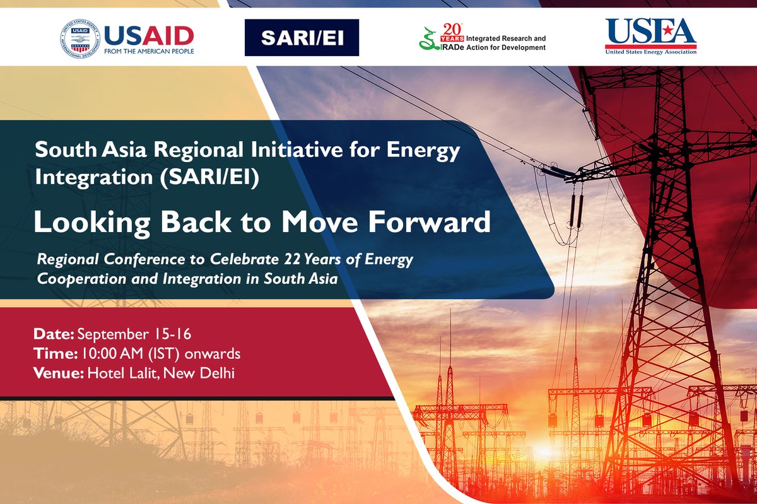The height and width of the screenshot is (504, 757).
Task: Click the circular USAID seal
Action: tap(80, 38)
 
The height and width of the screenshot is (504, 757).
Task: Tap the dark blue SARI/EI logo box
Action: tap(302, 37)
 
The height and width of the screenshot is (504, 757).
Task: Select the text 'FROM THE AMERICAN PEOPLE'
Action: tap(149, 51)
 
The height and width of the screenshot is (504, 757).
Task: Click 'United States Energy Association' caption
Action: tap(651, 52)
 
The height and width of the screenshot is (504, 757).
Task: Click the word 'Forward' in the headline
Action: tap(429, 222)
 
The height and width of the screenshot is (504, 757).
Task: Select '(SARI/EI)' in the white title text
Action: tap(209, 177)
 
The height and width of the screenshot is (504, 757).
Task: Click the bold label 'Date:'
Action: tap(54, 334)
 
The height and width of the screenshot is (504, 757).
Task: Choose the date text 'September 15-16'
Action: tap(134, 334)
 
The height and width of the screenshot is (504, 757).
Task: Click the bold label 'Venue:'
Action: tap(59, 373)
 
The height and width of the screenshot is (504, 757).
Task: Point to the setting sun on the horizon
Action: tap(543, 450)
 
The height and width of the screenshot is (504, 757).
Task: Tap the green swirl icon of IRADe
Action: tap(428, 39)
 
